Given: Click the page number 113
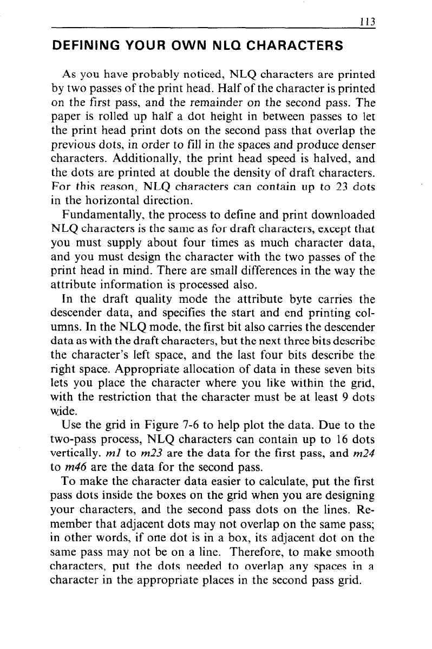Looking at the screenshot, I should coord(370,22).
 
